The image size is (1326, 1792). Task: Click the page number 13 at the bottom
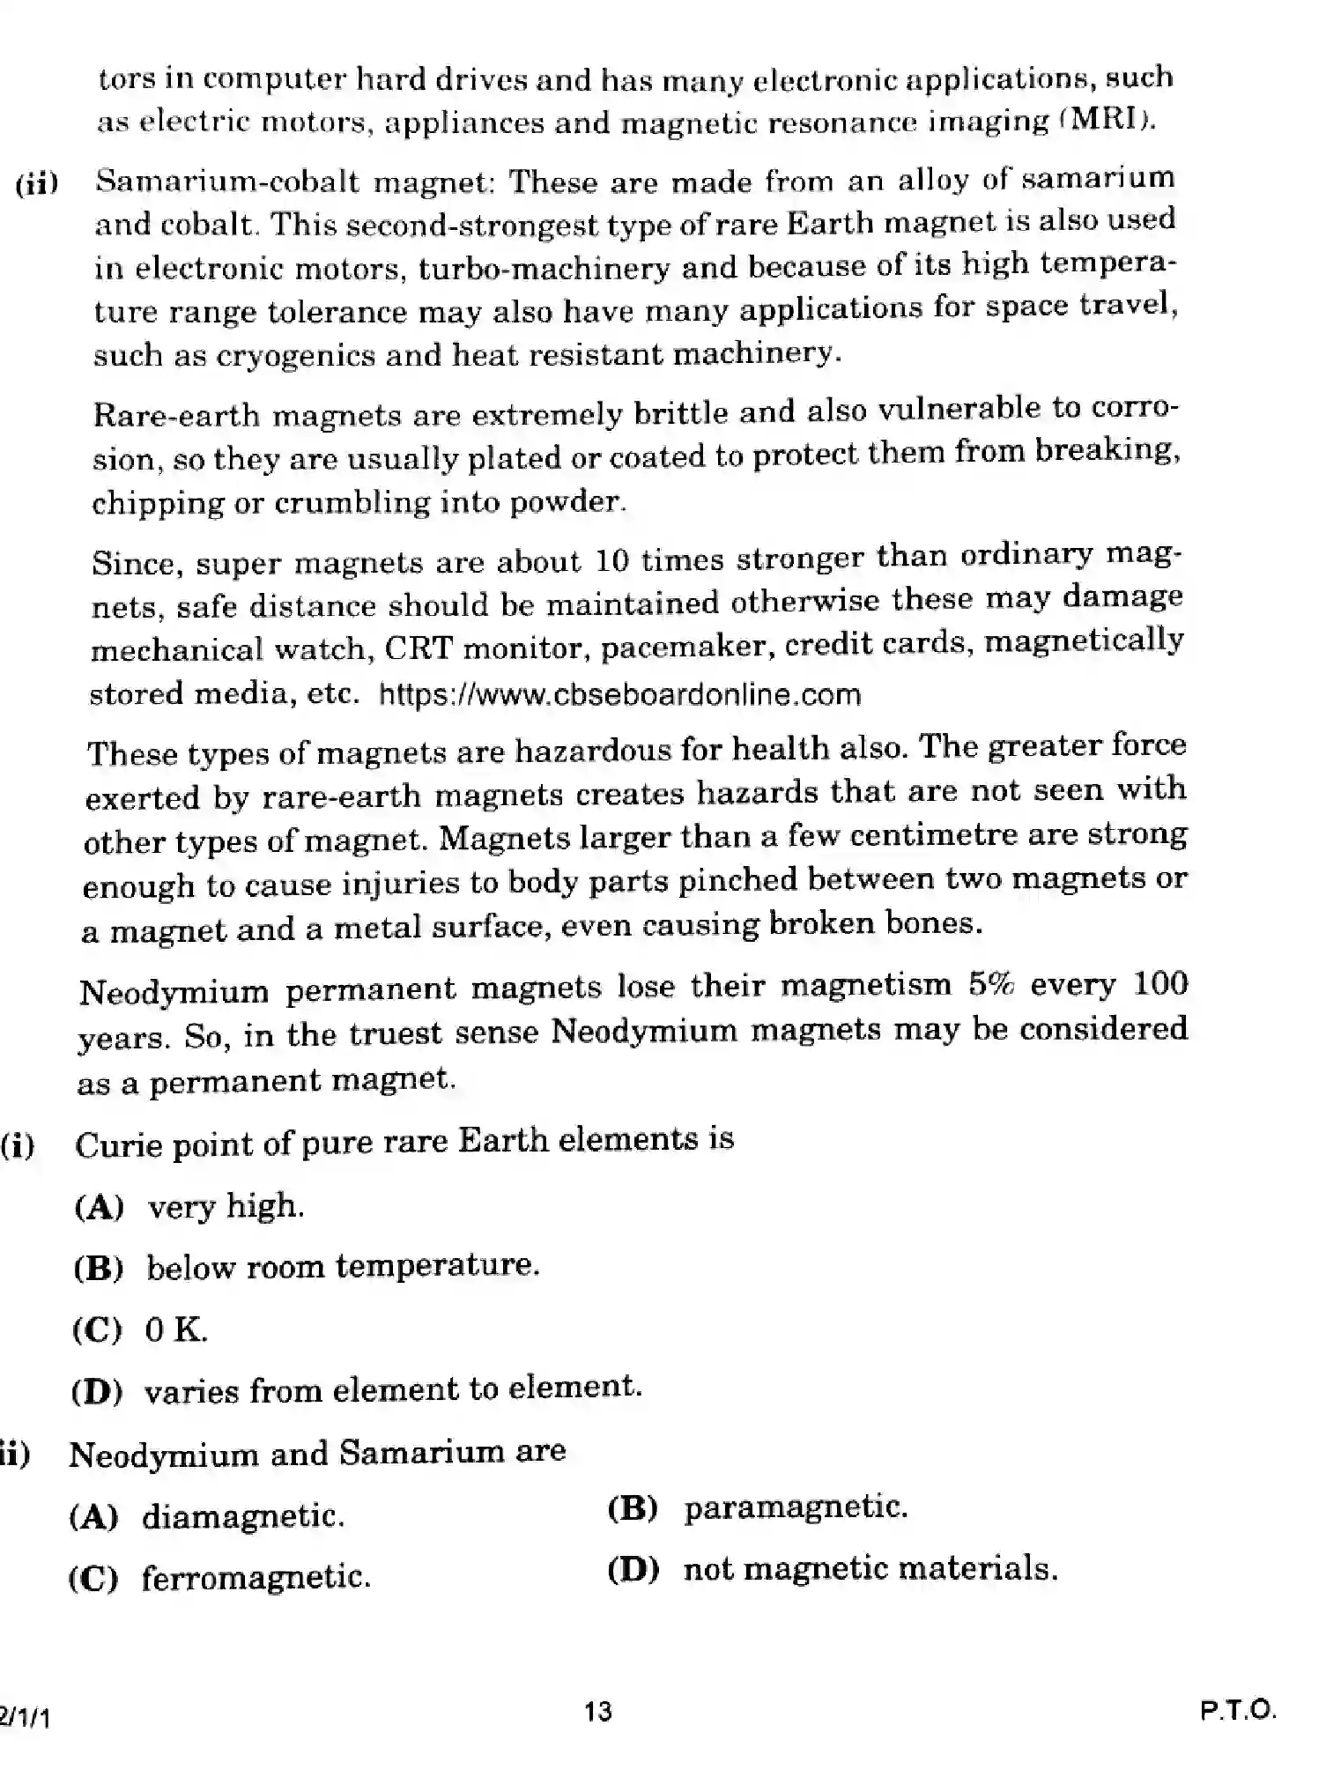597,1712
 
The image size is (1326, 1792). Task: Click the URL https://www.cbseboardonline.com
619,694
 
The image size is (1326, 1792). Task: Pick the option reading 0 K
175,1329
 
